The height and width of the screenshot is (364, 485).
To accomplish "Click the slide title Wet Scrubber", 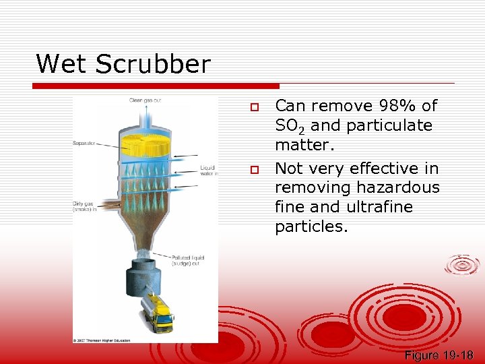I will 123,65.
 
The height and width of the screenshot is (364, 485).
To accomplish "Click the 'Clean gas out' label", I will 145,101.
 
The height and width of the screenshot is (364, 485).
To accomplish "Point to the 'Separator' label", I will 84,144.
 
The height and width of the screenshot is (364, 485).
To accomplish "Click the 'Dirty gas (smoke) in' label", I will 85,206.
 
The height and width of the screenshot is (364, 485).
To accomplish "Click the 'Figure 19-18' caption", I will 439,355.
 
